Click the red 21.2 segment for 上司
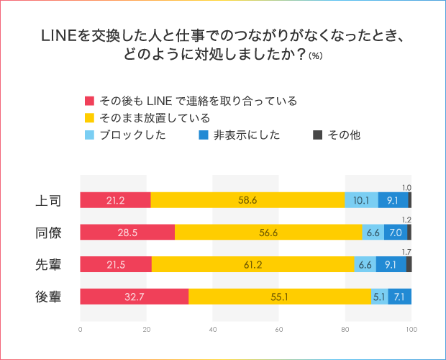point(115,200)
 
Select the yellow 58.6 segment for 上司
point(248,200)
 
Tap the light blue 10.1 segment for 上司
point(362,200)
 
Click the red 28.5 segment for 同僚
point(127,232)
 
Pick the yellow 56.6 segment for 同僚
point(269,232)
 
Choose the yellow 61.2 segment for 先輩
point(253,264)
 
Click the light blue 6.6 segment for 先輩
point(365,264)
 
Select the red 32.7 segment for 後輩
point(134,296)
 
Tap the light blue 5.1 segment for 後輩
point(379,296)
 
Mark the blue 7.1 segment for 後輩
point(400,296)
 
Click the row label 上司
point(48,200)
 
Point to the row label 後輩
point(48,296)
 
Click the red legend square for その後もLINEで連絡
point(90,101)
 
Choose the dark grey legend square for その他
point(319,135)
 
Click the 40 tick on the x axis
point(213,330)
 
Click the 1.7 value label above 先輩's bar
point(406,252)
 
